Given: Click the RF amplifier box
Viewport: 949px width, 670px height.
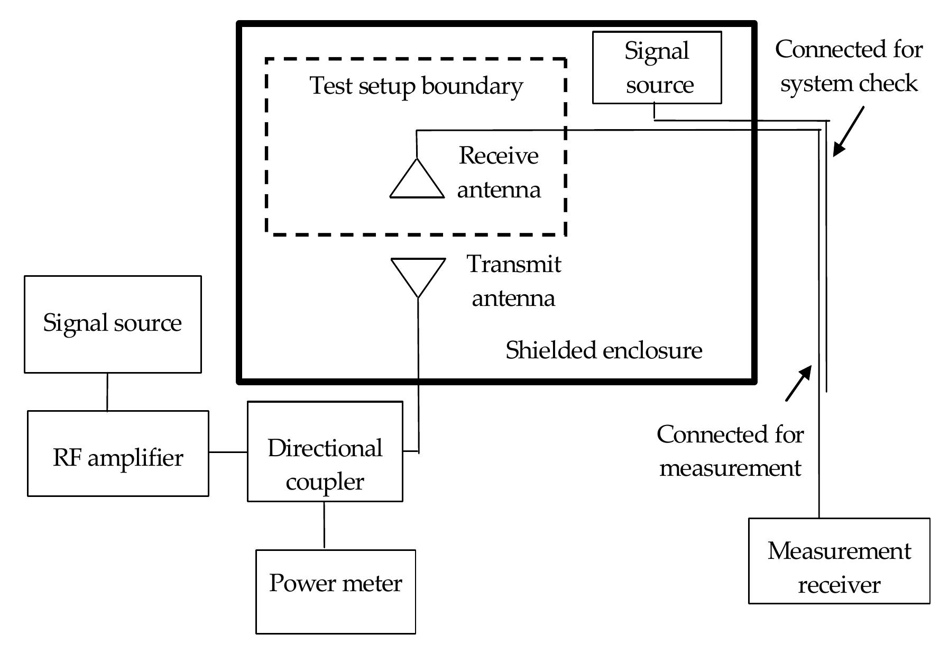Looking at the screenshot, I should (x=118, y=454).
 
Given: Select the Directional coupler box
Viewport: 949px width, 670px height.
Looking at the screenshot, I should (x=325, y=451).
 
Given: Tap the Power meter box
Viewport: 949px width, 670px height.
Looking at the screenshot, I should (x=335, y=591).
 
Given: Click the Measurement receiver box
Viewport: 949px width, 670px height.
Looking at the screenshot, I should (x=839, y=560).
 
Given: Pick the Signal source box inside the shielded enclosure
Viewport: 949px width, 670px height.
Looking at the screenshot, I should (x=657, y=67).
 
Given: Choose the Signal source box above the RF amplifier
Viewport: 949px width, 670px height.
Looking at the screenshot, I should (x=113, y=324).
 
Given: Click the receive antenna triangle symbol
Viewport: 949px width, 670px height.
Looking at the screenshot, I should (x=417, y=180).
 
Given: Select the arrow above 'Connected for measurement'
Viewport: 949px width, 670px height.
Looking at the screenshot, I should (x=798, y=383).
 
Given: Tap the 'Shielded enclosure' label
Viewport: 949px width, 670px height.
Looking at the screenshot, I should (x=604, y=350).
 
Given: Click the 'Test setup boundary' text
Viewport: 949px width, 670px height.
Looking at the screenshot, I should (x=416, y=86).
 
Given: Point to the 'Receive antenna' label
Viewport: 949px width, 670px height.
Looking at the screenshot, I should (x=499, y=173).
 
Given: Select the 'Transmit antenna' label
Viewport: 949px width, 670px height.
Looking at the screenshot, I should (x=513, y=281).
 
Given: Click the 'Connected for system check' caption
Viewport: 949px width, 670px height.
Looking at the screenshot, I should (x=849, y=66).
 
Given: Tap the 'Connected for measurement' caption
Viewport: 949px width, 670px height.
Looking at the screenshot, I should (x=730, y=451).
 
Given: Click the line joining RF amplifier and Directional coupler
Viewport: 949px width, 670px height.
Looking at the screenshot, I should (x=228, y=452).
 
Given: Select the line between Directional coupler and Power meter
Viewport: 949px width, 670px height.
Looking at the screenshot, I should (x=324, y=525).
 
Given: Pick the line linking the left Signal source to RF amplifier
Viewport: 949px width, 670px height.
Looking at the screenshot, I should (x=107, y=392).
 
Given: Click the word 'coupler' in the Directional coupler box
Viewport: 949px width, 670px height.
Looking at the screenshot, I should (x=325, y=482).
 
